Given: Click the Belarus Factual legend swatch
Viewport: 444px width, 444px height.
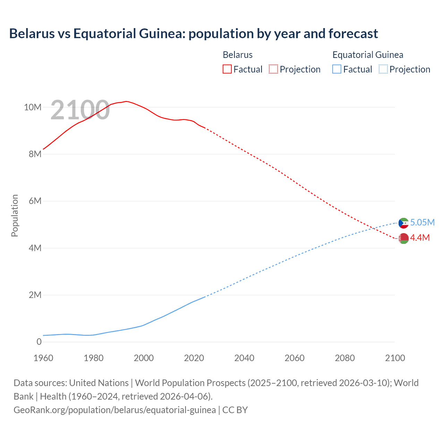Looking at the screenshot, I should pos(227,69).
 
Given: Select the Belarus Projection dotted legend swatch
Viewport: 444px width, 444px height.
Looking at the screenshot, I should pos(273,69).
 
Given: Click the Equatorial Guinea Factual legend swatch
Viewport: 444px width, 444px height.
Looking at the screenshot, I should pos(337,69).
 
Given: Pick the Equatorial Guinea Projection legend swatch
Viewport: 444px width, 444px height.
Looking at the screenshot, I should pos(383,69).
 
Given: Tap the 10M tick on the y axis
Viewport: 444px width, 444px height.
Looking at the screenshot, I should pos(33,107).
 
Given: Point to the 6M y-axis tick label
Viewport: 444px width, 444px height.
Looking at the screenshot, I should pos(35,201).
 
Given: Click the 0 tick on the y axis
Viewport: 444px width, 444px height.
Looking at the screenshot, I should pos(39,342).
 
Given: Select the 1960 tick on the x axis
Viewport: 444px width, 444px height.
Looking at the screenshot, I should pos(43,358).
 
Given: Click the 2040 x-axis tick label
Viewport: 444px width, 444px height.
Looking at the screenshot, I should pos(244,358).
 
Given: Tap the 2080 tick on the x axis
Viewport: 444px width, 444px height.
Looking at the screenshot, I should pos(345,358).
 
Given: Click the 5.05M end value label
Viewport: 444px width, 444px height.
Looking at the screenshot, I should pos(422,222).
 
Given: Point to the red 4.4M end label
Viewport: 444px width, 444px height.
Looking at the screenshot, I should pos(420,238).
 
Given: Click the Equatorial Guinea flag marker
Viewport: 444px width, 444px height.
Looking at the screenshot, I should pos(403,223).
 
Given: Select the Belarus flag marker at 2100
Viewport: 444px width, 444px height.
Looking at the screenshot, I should pos(403,238).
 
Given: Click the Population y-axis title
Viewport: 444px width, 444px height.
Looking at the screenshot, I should pos(15,215).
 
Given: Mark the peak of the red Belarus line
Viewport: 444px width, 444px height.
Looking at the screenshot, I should pos(126,101).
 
